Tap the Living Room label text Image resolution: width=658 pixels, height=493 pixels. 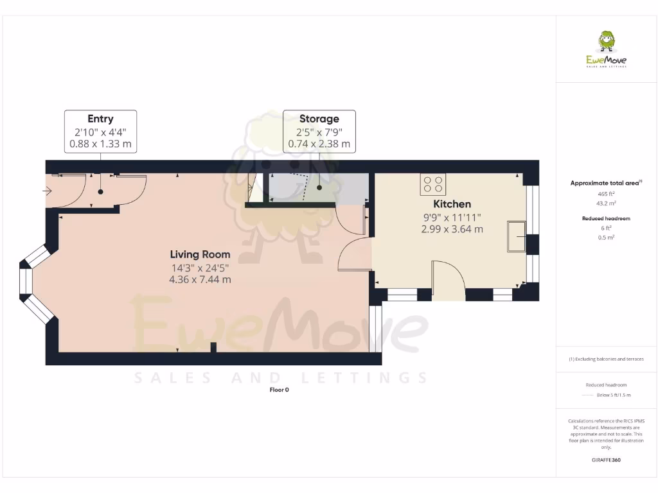click(x=200, y=254)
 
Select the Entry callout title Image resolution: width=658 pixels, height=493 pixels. click(x=100, y=119)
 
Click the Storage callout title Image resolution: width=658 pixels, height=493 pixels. click(x=319, y=119)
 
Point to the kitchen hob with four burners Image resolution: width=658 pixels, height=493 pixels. click(x=433, y=185)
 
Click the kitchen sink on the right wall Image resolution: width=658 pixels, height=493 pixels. click(x=516, y=236)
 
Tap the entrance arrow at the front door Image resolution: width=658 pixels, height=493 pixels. click(x=49, y=191)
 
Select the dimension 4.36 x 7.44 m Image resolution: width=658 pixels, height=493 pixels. click(x=200, y=279)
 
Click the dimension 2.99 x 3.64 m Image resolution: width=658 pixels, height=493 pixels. click(x=452, y=229)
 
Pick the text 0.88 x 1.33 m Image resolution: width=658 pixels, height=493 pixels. click(x=100, y=144)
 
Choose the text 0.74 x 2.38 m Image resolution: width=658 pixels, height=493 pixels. click(x=319, y=144)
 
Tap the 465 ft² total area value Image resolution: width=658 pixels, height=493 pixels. click(x=606, y=193)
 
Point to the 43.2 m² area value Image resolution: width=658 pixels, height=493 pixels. click(x=606, y=203)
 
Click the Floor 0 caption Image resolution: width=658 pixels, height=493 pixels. click(x=279, y=390)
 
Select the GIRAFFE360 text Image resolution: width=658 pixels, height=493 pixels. click(x=606, y=460)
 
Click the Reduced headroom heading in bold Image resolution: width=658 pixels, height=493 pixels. click(x=606, y=218)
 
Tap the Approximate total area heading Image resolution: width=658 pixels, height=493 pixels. click(x=605, y=183)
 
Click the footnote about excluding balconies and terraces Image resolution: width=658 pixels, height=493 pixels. click(x=606, y=359)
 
